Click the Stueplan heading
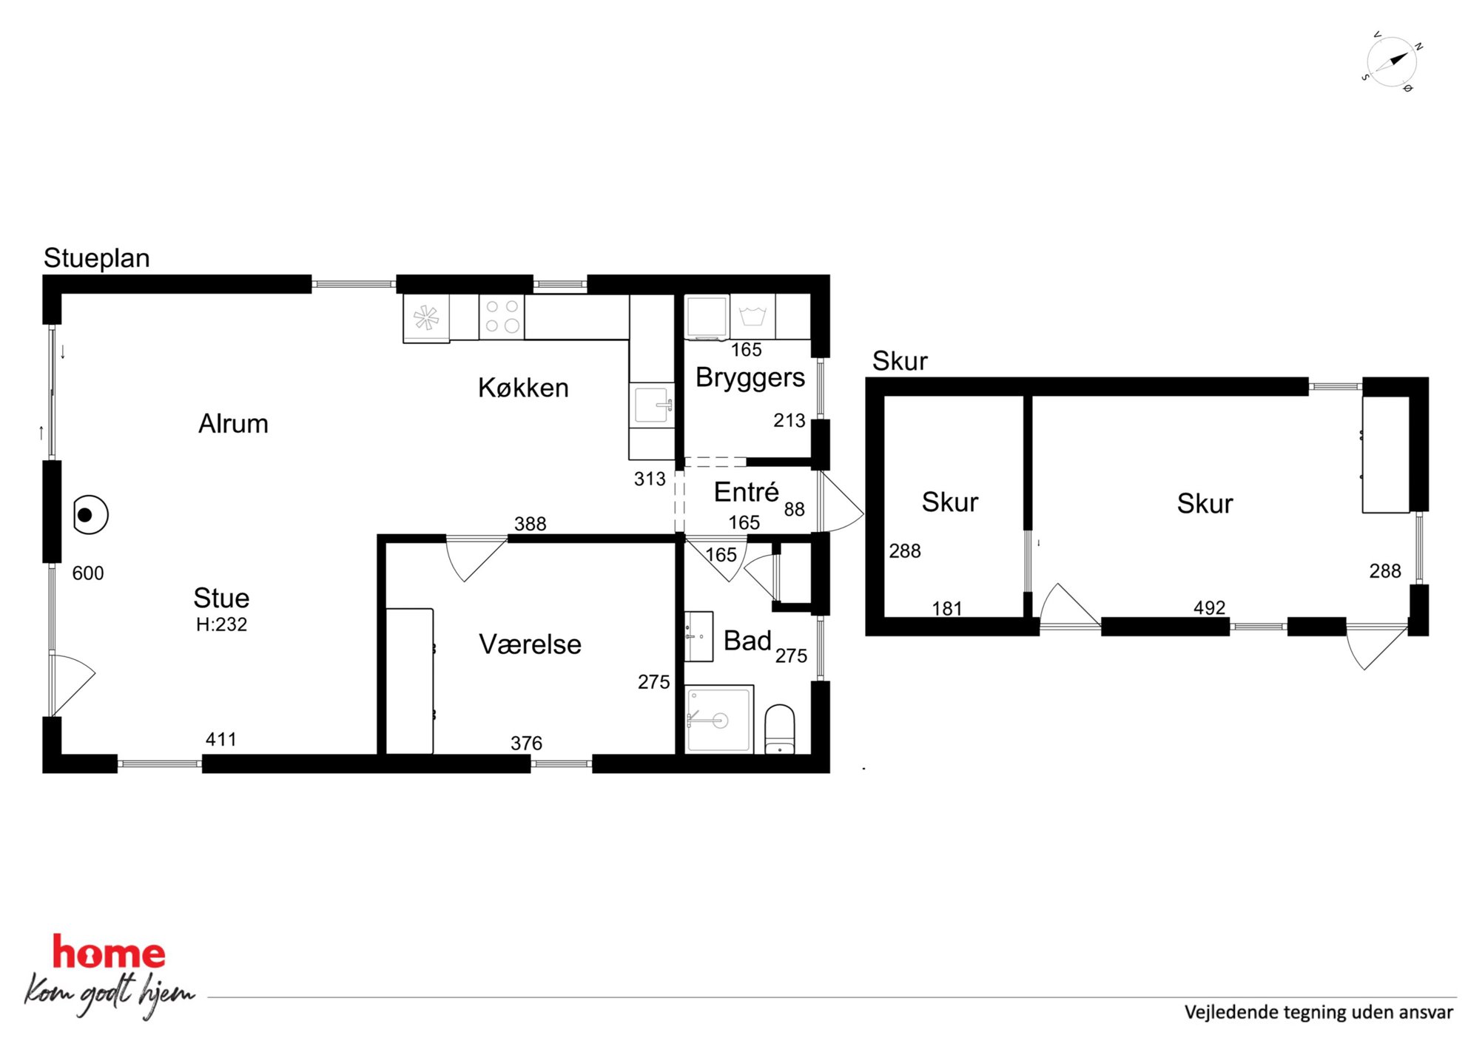(96, 258)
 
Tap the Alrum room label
(233, 423)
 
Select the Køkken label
(523, 388)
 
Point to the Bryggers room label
(750, 378)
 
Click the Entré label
(746, 491)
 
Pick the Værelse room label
(530, 644)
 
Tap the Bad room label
(747, 640)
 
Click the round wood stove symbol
(90, 514)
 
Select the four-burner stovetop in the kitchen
(502, 317)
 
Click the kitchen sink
(651, 404)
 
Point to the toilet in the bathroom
(779, 729)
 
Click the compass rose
(1391, 62)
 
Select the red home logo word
(109, 952)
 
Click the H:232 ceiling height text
(221, 624)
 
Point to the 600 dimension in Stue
(88, 573)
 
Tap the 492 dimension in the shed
(1209, 607)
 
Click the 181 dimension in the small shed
(947, 608)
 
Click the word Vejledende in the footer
(1230, 1012)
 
